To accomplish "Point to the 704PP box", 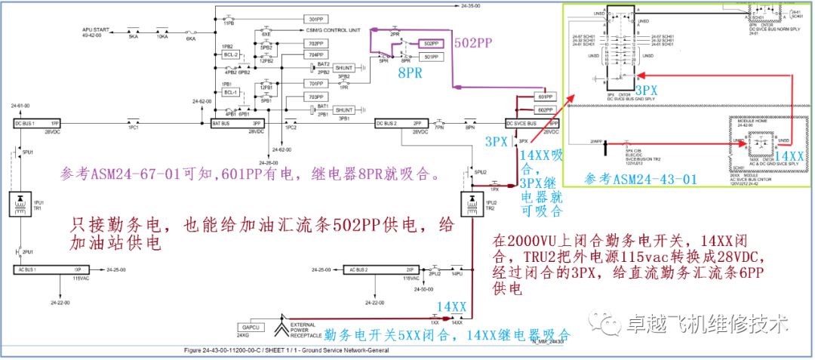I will (x=315, y=55).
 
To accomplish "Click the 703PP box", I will (x=315, y=97).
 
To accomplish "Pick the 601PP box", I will (x=544, y=97).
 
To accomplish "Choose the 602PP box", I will (x=544, y=109).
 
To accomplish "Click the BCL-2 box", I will (x=231, y=55).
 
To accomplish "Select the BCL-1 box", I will (x=231, y=92).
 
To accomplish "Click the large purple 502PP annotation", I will (x=475, y=43).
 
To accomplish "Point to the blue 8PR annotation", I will (x=411, y=73).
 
